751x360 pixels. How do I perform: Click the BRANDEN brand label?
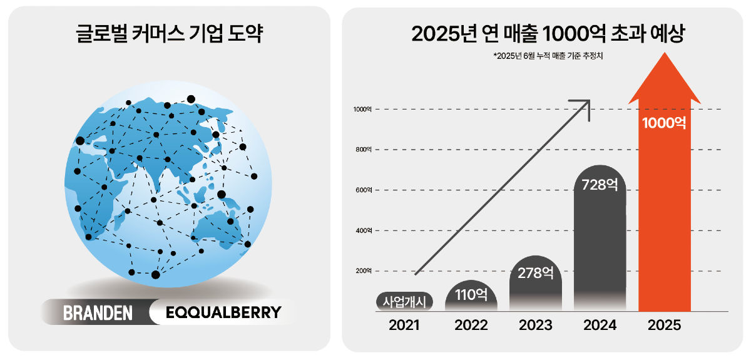[98, 312]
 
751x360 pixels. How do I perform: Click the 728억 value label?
[600, 185]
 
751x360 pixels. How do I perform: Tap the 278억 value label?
[536, 273]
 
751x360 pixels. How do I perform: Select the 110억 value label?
[471, 294]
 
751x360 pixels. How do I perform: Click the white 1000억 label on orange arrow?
[664, 122]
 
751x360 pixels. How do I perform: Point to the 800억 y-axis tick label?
[364, 150]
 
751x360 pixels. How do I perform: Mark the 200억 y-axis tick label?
[364, 271]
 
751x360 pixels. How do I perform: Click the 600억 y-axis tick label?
[364, 190]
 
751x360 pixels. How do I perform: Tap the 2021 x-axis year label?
[404, 325]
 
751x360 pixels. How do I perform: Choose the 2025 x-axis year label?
[664, 325]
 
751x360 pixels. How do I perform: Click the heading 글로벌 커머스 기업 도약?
[168, 33]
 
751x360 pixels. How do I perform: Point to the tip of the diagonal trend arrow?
[590, 100]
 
